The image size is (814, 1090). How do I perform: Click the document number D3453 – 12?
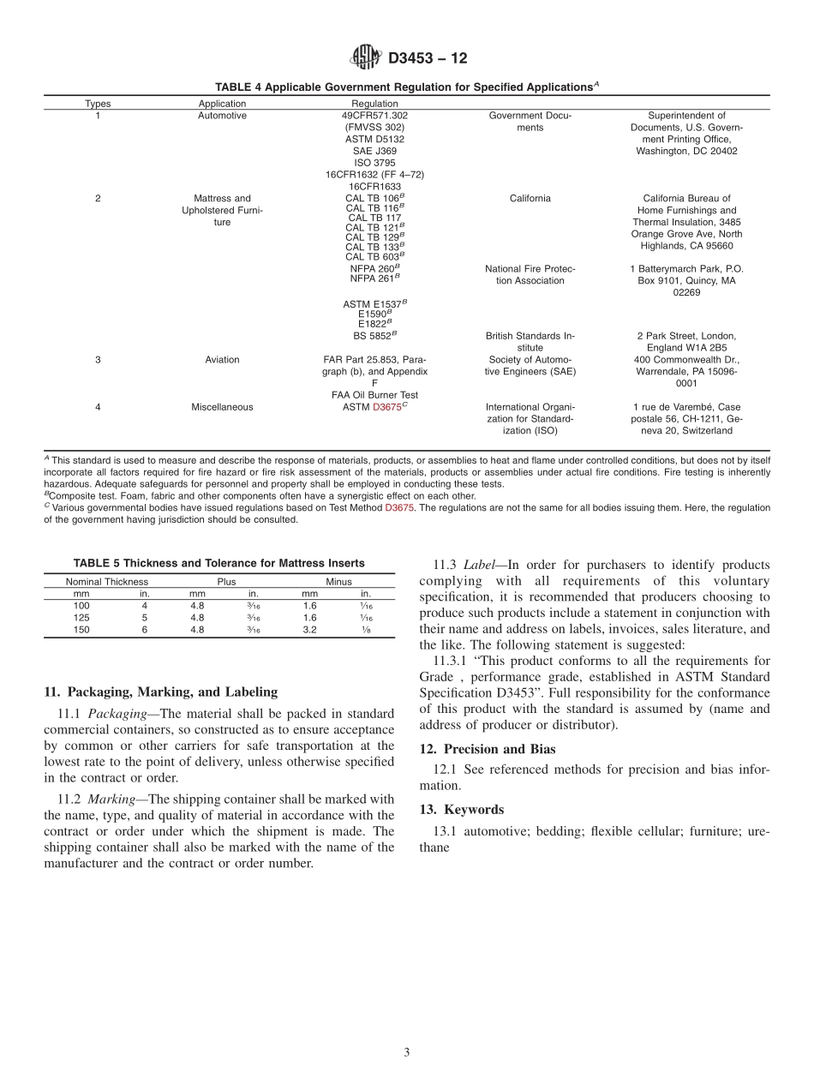click(428, 59)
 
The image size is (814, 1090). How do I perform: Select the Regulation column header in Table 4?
click(374, 104)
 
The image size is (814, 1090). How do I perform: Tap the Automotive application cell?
click(222, 115)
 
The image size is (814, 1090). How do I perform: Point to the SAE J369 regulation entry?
click(374, 151)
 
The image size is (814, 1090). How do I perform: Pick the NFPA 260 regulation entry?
click(374, 268)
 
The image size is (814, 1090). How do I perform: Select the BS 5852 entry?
click(374, 336)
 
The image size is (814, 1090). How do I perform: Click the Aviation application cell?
click(222, 360)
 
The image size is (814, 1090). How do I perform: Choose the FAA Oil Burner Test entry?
click(374, 395)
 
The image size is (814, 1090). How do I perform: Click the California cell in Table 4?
click(530, 198)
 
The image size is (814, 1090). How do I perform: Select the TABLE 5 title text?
click(218, 563)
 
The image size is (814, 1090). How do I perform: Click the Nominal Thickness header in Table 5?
click(107, 582)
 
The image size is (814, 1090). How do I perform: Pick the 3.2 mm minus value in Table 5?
click(309, 629)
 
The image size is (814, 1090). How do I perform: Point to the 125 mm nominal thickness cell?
click(81, 617)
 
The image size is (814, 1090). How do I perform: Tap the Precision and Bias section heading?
click(488, 749)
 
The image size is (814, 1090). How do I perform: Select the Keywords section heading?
click(462, 810)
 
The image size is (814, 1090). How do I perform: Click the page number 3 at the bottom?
click(407, 1052)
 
